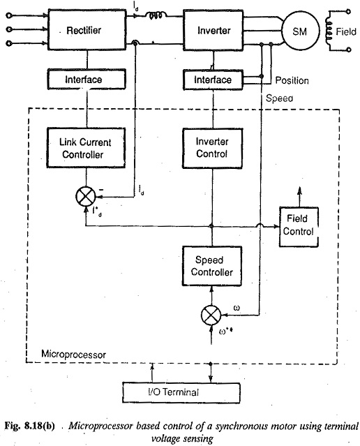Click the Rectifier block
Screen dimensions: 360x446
[87, 30]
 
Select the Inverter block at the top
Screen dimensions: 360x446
[213, 31]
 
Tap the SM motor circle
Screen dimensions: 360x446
[301, 31]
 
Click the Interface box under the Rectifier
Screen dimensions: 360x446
[87, 80]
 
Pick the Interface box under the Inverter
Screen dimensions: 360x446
[213, 80]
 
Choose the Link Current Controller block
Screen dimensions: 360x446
[86, 148]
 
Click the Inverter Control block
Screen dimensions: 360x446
[212, 148]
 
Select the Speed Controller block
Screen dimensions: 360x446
[212, 266]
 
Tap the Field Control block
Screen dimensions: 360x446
[299, 227]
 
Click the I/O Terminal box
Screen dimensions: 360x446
[181, 392]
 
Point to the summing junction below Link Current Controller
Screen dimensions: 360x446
[86, 197]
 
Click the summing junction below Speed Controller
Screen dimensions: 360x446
[211, 315]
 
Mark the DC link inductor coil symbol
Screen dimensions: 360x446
[156, 15]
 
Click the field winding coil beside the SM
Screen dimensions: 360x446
[329, 31]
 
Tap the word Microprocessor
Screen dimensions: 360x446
[74, 355]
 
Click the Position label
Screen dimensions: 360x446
[292, 80]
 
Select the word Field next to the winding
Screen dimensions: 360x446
[346, 31]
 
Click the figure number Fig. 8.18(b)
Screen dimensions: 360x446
[29, 426]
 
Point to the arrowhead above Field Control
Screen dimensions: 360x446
[299, 191]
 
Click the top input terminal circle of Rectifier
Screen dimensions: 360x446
[9, 15]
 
